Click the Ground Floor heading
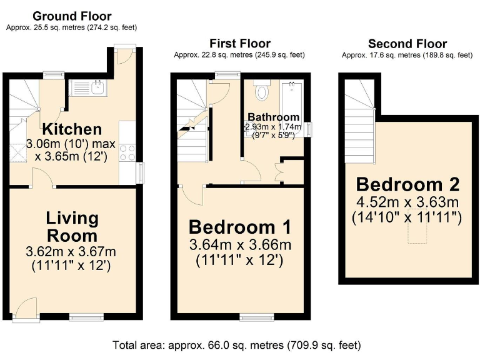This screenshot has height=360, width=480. (72, 16)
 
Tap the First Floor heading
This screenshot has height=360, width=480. (240, 43)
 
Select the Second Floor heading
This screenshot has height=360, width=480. (407, 43)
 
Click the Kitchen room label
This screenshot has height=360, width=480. (72, 129)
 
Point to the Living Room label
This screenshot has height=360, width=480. (72, 227)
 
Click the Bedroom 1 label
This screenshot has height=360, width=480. (240, 226)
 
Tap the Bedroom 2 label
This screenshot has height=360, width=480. (407, 184)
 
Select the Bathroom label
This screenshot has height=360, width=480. (273, 117)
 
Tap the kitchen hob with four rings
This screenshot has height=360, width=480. (127, 152)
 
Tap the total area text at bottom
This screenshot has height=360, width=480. (236, 344)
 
